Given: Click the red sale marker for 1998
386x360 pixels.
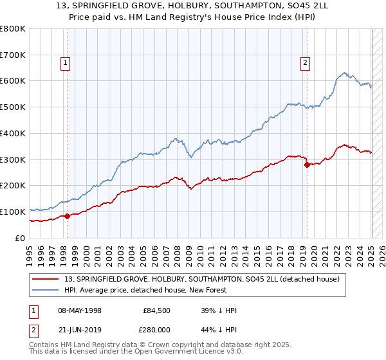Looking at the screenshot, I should pos(67,216).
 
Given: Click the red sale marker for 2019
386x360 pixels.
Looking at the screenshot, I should pos(307,165).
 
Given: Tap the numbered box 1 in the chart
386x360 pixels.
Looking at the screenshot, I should pos(66,63).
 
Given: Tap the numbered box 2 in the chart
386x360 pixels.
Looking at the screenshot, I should pos(304,63).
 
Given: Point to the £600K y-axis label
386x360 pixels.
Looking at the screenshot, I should pos(13,81).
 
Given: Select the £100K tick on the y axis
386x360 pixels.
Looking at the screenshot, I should pos(13,212).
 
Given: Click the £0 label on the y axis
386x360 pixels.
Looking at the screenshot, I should pos(19,238).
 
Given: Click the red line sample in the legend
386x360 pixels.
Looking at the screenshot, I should pos(46,278).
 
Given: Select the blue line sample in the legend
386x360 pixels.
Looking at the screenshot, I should pos(46,290).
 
